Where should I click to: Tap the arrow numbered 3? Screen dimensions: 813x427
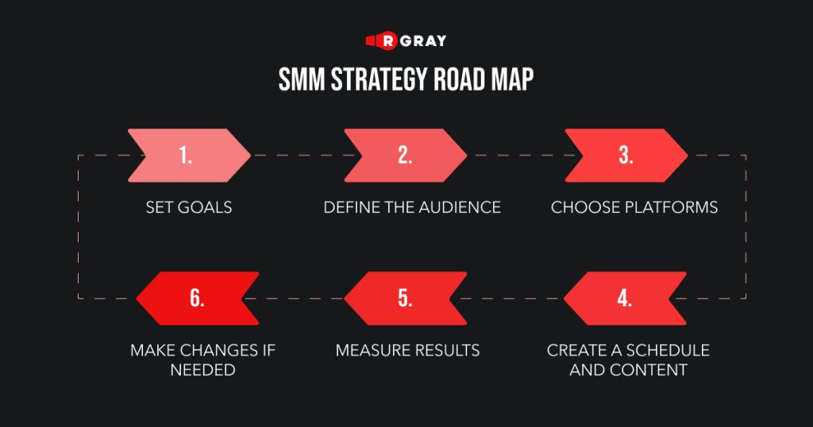coord(626,156)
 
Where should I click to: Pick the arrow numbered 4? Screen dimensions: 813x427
coord(625,298)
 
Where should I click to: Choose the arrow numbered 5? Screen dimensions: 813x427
coord(406,298)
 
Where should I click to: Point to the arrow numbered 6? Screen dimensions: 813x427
coord(198,298)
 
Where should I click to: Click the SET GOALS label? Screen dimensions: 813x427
coord(189,207)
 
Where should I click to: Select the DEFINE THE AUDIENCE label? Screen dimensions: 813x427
coord(412,207)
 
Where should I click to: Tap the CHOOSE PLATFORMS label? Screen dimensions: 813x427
coord(634,207)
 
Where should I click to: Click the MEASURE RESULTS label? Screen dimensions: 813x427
coord(407,350)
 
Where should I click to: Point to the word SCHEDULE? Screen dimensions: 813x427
coord(668,350)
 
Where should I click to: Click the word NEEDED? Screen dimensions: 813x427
coord(202,370)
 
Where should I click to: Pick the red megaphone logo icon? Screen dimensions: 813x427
coord(382,40)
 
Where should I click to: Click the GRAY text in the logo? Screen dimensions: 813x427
coord(423,41)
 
